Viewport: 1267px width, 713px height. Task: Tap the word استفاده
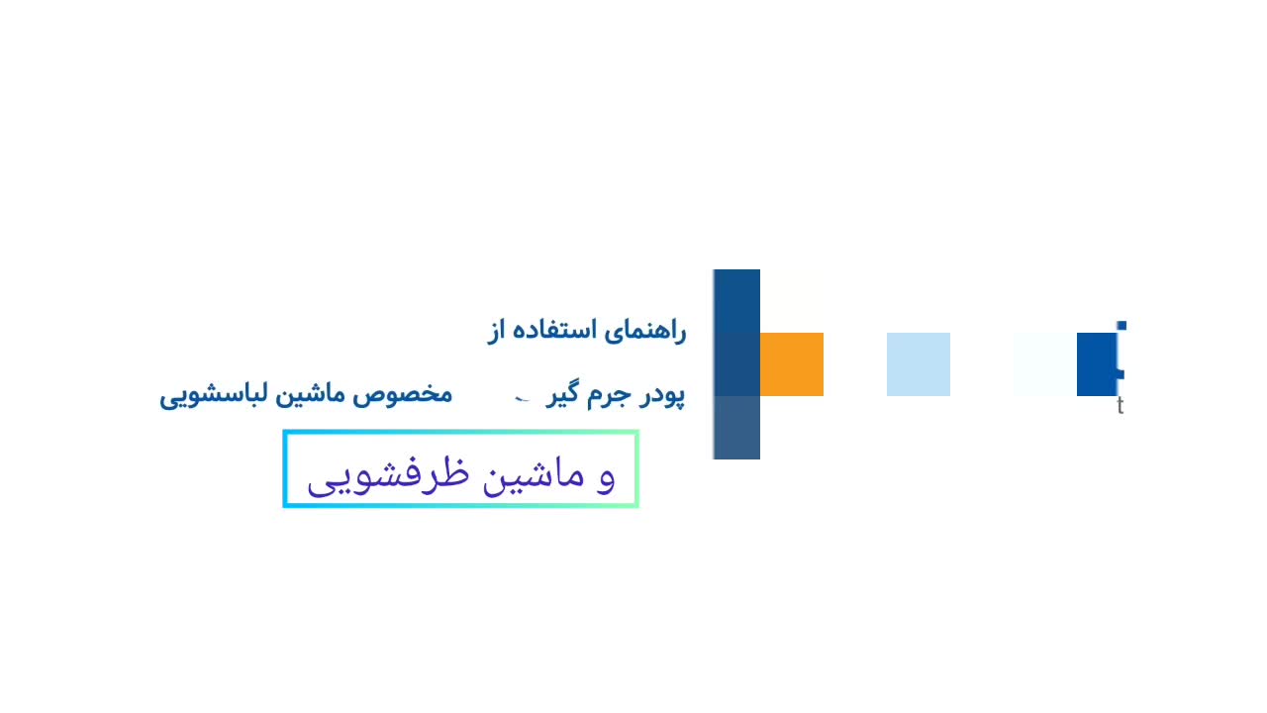(x=554, y=331)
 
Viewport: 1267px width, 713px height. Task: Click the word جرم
(x=607, y=395)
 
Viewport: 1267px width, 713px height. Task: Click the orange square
(x=792, y=364)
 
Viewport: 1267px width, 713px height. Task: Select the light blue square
(x=919, y=364)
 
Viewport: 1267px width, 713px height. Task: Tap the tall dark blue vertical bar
(x=736, y=363)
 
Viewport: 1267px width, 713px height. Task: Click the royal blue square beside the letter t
(x=1097, y=364)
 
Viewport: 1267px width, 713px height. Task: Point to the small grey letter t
(x=1121, y=406)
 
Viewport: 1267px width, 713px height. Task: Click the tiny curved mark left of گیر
(x=524, y=398)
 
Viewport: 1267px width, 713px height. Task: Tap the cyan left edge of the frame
(x=286, y=469)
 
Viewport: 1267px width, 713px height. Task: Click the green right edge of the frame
(x=635, y=469)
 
